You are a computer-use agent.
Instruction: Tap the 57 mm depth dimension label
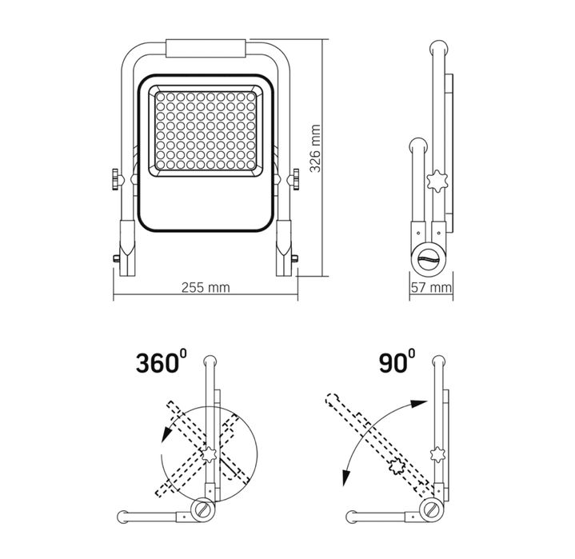(431, 286)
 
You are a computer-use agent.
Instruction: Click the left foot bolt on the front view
(115, 259)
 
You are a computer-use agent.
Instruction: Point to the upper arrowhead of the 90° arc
(417, 405)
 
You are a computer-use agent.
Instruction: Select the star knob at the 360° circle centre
(210, 456)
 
